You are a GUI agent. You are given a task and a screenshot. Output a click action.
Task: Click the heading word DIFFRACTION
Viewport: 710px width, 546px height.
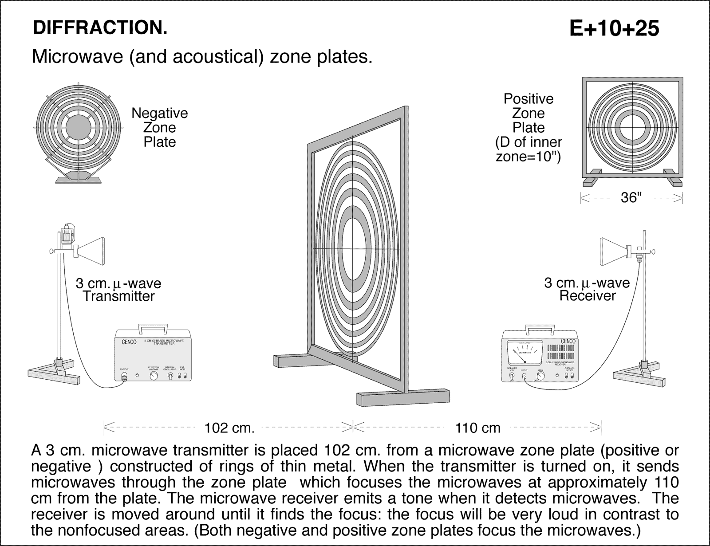coord(100,28)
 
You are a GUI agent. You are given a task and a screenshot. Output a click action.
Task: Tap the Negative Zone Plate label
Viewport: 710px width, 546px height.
coord(159,127)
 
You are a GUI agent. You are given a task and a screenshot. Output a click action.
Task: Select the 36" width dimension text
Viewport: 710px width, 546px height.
coord(631,198)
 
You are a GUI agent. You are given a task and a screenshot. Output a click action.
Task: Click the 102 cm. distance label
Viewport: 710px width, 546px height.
coord(229,428)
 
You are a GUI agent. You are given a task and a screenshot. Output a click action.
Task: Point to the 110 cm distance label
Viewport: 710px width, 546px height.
coord(477,428)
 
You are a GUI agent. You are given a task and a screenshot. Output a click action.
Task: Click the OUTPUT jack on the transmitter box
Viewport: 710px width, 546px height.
coord(125,377)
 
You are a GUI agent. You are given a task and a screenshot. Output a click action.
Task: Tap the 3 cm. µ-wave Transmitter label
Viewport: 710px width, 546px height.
coord(118,290)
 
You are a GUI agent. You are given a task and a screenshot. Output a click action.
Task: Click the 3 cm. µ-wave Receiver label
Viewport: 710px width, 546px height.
coord(587,289)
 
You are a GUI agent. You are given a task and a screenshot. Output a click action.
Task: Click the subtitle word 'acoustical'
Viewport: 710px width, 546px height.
coord(215,57)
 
